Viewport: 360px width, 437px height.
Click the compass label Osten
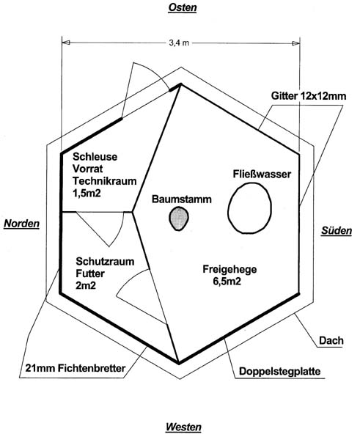coord(183,7)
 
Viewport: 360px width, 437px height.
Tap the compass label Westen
coord(183,427)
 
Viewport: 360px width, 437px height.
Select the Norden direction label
coord(22,224)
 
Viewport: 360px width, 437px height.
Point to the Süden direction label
coord(337,231)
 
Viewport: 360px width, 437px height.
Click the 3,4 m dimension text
coord(179,43)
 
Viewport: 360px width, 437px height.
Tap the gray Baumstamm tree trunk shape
coord(179,218)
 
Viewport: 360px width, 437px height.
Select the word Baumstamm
coord(182,199)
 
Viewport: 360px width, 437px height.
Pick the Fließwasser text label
coord(262,175)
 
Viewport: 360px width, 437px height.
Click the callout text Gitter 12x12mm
coord(309,96)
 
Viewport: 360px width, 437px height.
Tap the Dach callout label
coord(331,340)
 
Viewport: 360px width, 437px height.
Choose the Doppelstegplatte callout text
coord(280,372)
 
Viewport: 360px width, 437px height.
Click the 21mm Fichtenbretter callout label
coord(76,368)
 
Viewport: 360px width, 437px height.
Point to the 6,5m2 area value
coord(227,282)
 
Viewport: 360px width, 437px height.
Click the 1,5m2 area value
coord(87,193)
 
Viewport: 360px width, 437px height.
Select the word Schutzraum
coord(105,262)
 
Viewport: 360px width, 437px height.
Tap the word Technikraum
coord(105,181)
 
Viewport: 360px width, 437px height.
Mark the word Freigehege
coord(229,269)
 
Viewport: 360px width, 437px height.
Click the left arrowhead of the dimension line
coord(66,43)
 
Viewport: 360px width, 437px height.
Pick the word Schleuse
coord(95,157)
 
